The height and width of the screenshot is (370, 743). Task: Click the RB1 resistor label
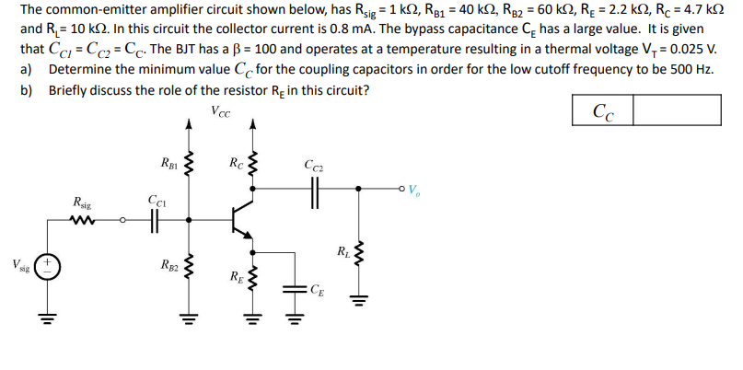click(169, 168)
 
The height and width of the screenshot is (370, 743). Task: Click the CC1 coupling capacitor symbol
click(154, 220)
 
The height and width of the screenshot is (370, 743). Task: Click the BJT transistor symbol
click(240, 219)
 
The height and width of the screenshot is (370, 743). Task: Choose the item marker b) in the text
click(27, 90)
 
